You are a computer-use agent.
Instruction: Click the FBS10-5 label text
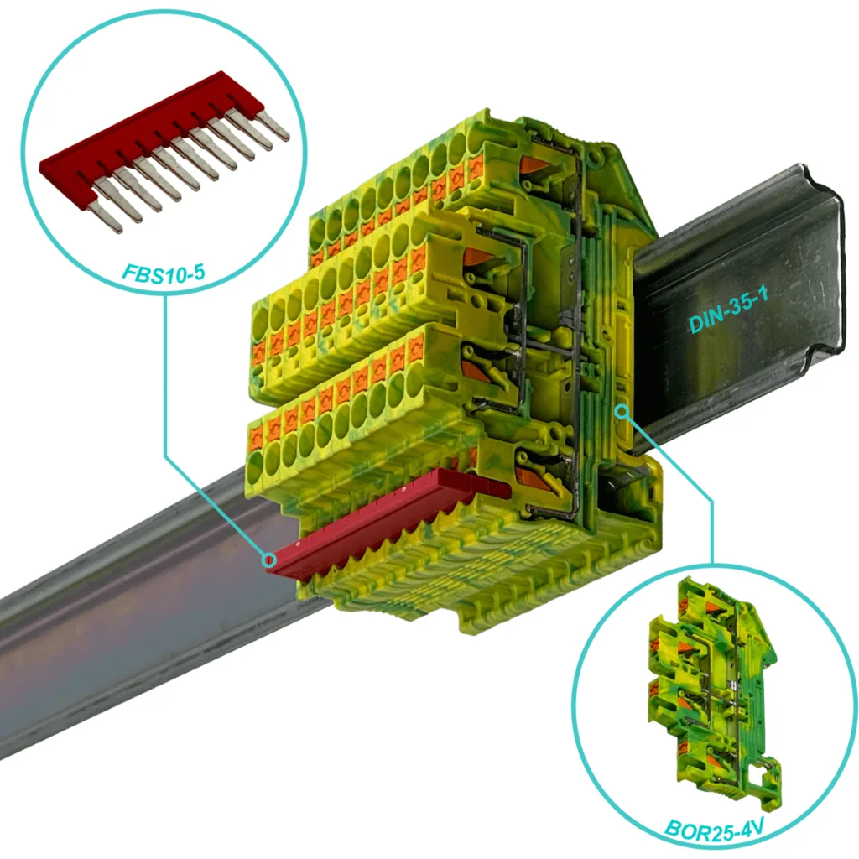(164, 273)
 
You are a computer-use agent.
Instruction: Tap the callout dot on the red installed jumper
(268, 560)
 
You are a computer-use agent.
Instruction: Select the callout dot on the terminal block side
(622, 411)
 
